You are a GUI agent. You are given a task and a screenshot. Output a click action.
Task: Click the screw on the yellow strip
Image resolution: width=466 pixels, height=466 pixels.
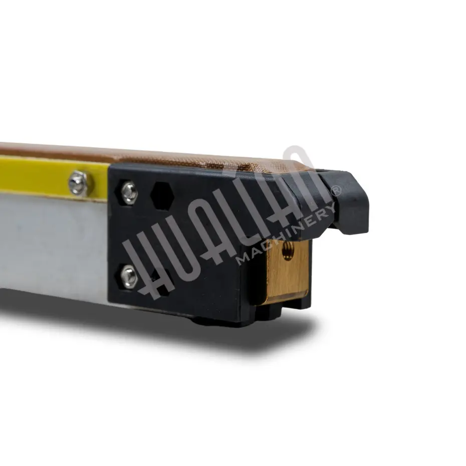[78, 183]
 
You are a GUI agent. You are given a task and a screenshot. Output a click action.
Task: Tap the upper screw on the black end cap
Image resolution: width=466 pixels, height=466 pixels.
[129, 192]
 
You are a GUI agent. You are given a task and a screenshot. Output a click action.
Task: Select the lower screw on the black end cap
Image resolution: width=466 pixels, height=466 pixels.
[129, 276]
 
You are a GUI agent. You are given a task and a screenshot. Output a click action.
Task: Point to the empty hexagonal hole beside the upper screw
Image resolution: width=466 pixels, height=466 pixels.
[162, 196]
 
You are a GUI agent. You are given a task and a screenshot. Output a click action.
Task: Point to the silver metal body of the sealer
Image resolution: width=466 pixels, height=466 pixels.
[54, 244]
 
